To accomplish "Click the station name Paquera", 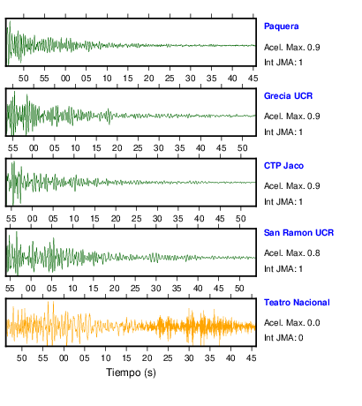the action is pyautogui.click(x=282, y=26).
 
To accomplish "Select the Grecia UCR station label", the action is pyautogui.click(x=288, y=96).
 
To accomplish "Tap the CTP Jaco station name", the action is pyautogui.click(x=283, y=166).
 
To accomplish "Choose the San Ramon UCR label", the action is pyautogui.click(x=298, y=233).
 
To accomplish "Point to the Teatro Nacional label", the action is pyautogui.click(x=297, y=303).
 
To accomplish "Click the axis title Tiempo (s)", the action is pyautogui.click(x=131, y=372).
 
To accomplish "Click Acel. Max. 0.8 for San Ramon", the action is pyautogui.click(x=292, y=253).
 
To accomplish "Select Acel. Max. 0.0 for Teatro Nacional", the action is pyautogui.click(x=292, y=323).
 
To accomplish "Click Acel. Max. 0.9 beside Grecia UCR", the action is pyautogui.click(x=292, y=117).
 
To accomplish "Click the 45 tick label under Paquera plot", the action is pyautogui.click(x=253, y=79).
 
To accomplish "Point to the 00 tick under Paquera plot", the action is pyautogui.click(x=65, y=79).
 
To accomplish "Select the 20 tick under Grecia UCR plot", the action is pyautogui.click(x=117, y=148).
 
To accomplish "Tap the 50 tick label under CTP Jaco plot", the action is pyautogui.click(x=240, y=219).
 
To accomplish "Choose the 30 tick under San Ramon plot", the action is pyautogui.click(x=155, y=288).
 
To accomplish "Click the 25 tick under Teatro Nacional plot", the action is pyautogui.click(x=168, y=358).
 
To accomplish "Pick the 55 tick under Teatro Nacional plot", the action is pyautogui.click(x=42, y=358).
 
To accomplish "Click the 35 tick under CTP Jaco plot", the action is pyautogui.click(x=178, y=219).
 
